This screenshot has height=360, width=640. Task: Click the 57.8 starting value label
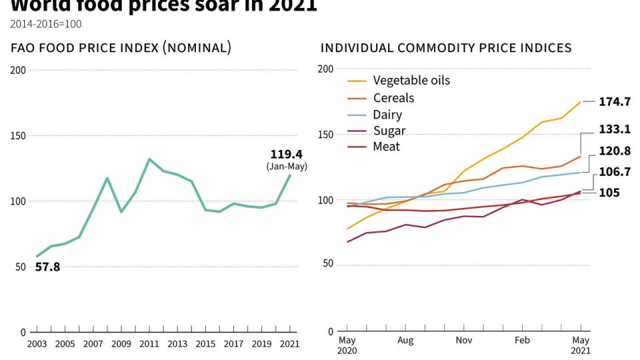(47, 267)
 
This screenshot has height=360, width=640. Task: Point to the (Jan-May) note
(287, 166)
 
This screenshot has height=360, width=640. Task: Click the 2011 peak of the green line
(148, 159)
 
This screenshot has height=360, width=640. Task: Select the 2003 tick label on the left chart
(37, 344)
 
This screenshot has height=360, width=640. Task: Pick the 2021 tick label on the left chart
(289, 344)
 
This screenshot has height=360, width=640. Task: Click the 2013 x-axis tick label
(177, 344)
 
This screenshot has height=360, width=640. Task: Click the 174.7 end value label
(615, 101)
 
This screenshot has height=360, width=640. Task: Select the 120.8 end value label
(615, 151)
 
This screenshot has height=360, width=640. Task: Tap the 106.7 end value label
(615, 172)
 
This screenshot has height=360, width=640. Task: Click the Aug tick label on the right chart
(405, 340)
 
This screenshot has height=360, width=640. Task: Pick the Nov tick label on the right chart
(464, 340)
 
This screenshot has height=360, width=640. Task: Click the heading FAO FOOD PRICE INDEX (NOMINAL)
(121, 48)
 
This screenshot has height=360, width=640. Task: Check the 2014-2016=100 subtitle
(46, 24)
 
